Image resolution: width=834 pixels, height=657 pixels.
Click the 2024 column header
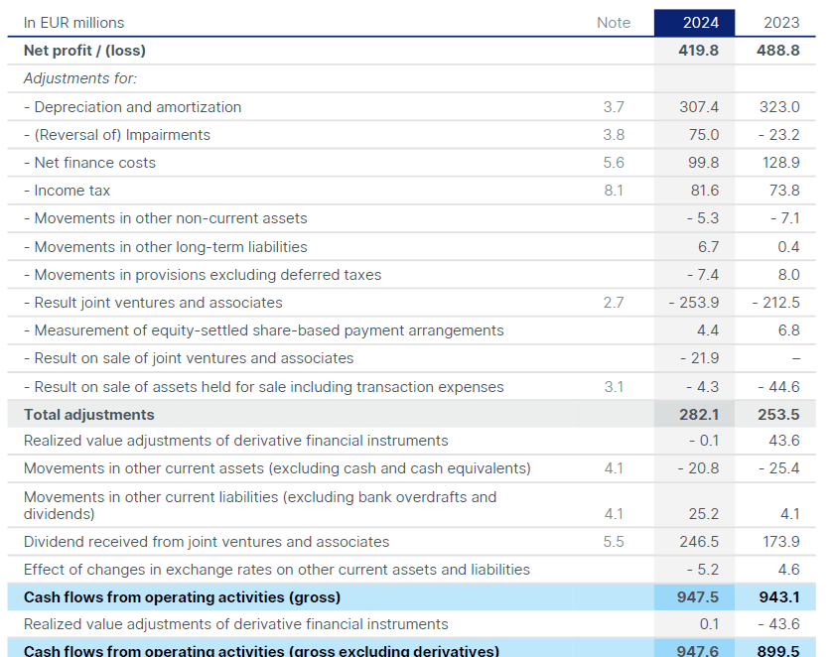(x=694, y=23)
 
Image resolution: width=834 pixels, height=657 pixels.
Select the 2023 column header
(x=781, y=23)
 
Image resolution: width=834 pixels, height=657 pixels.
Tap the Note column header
(x=613, y=23)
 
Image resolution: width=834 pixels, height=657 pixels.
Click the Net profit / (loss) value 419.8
(x=698, y=51)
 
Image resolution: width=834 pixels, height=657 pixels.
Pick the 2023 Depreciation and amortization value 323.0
(x=779, y=107)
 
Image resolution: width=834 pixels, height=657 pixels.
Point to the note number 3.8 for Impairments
(x=613, y=135)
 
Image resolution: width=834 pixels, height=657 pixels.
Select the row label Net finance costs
(x=89, y=163)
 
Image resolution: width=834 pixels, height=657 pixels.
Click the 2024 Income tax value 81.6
(x=702, y=191)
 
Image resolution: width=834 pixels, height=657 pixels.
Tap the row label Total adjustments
(x=88, y=415)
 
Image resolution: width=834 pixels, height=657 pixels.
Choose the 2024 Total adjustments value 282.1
(x=698, y=415)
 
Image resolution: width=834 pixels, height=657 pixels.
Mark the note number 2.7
(x=613, y=303)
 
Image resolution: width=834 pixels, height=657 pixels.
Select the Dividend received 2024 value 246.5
(x=698, y=542)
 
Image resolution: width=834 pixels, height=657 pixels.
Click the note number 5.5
(x=613, y=542)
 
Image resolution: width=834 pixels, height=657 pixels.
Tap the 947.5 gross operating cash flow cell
(x=698, y=597)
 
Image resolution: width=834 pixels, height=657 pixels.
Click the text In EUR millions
(x=74, y=23)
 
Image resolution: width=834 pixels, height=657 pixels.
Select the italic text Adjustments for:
(x=79, y=78)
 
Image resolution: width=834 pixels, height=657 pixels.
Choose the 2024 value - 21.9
(x=699, y=358)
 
